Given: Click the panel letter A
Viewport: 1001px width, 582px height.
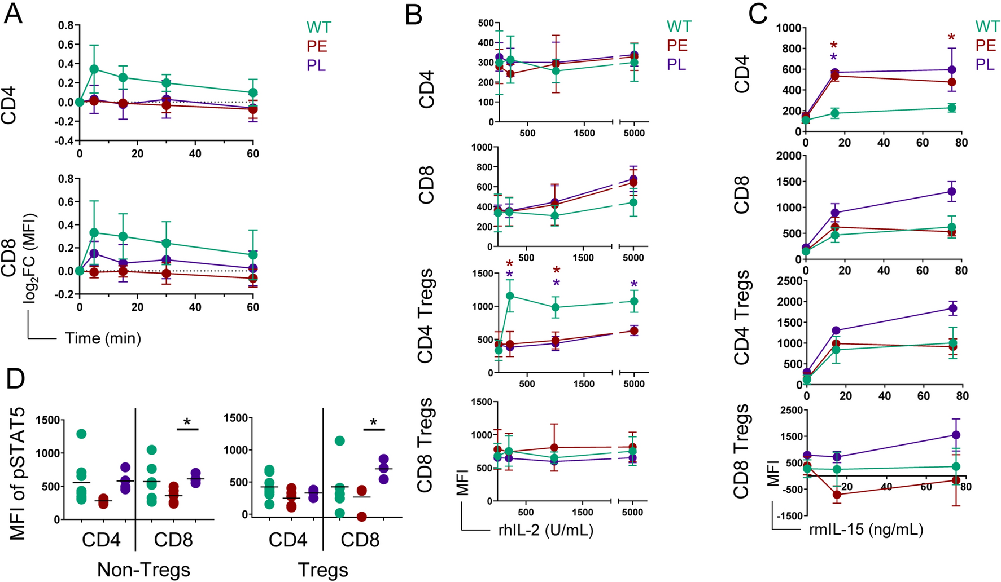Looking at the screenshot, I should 13,13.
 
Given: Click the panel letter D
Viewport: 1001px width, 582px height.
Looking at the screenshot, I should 15,379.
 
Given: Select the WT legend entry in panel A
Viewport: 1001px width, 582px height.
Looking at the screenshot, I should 318,27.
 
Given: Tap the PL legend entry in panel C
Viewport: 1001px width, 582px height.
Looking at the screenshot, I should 985,64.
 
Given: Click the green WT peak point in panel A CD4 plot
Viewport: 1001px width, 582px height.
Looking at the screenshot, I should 94,69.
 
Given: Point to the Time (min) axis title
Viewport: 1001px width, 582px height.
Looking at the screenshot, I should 103,338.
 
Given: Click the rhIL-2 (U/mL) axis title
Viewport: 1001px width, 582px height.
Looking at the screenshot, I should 545,530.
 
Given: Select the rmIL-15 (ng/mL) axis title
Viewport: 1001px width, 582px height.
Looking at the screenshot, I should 866,530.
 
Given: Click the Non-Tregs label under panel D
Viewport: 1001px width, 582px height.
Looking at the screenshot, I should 143,570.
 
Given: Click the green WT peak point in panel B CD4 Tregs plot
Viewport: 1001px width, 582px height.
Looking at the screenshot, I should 510,296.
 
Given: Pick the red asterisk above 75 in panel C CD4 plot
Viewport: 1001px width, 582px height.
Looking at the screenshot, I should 951,38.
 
